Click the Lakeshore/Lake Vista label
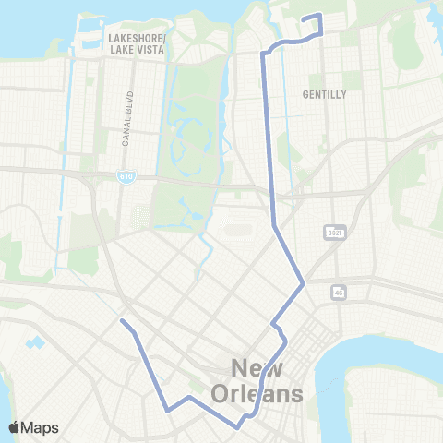(137, 43)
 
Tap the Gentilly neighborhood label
(323, 94)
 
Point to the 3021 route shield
(335, 232)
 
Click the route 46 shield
(339, 292)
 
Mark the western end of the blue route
(122, 321)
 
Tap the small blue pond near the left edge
(37, 343)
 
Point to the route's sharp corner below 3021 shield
(303, 283)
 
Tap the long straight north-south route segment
(269, 138)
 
